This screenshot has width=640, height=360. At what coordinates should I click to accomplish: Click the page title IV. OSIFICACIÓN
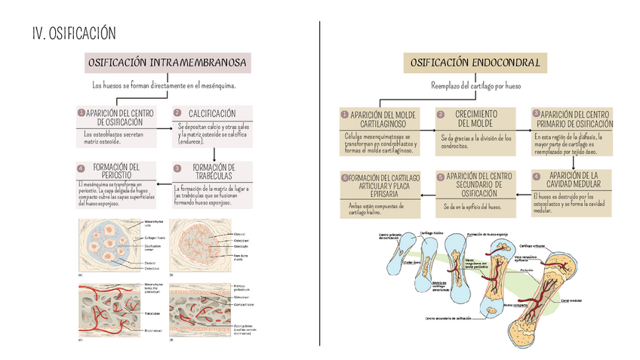(75, 33)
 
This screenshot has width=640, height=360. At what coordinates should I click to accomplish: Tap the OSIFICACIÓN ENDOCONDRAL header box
(475, 63)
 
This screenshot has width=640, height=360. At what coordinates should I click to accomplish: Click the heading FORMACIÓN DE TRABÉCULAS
(214, 171)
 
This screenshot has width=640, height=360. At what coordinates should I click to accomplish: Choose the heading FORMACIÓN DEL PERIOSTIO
(115, 171)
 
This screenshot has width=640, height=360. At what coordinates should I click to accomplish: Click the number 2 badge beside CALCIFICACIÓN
(177, 112)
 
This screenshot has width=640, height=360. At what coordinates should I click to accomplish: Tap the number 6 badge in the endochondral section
(344, 177)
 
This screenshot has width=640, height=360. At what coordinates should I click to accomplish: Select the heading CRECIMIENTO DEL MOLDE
(475, 118)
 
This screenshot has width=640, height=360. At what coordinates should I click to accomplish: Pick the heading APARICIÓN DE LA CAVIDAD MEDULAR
(573, 179)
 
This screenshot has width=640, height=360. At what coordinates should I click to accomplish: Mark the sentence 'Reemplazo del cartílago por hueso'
(475, 86)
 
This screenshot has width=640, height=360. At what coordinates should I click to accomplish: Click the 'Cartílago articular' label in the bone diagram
(534, 245)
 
